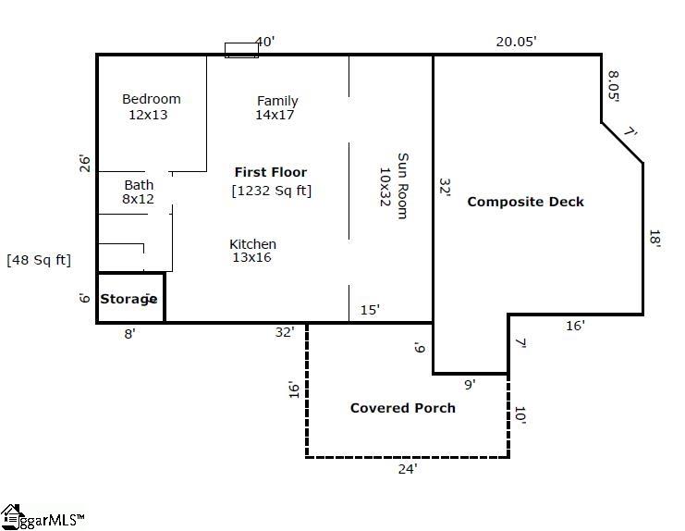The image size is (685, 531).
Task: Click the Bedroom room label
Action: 152,99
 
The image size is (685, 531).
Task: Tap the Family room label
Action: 277,101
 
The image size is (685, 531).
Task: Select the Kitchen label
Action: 252,244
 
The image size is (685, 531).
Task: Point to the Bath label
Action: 139,185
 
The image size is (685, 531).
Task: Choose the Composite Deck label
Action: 525,202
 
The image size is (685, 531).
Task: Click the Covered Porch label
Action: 402,408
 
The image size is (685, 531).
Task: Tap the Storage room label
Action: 129,299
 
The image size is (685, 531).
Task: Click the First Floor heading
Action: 270,172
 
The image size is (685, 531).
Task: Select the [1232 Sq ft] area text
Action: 271,191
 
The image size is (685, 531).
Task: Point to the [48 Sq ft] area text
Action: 39,260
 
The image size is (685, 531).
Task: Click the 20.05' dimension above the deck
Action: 516,41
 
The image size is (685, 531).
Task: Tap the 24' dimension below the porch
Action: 408,469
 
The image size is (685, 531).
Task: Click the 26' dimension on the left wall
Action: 85,164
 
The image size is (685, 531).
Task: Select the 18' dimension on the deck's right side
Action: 654,238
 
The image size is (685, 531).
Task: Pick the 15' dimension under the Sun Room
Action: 370,310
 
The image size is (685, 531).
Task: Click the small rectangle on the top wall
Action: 241,50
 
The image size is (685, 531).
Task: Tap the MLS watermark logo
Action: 42,518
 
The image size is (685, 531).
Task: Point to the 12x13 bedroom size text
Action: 148,115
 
